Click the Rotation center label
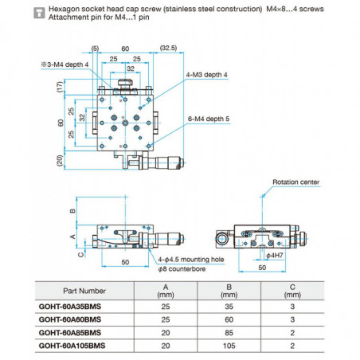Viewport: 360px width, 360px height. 296,182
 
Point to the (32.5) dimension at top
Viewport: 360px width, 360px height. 168,48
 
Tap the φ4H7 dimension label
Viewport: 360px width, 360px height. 275,255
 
